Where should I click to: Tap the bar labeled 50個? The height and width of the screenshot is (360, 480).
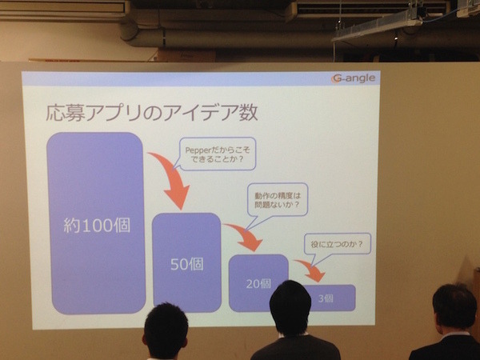(x=186, y=262)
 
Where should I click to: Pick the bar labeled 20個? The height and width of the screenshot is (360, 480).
(x=258, y=282)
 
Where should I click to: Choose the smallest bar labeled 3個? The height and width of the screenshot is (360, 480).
(x=329, y=297)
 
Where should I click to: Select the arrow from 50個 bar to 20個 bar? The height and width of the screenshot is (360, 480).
(x=244, y=235)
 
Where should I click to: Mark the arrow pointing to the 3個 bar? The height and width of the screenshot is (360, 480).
(x=310, y=270)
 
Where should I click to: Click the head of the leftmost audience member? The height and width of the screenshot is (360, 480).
(x=166, y=330)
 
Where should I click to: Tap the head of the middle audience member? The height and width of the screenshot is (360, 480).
(x=290, y=307)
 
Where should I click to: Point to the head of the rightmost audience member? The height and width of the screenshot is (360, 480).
(x=454, y=307)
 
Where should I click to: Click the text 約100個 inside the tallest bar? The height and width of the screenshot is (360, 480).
(x=98, y=226)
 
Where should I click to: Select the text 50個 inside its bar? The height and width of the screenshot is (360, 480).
(x=186, y=264)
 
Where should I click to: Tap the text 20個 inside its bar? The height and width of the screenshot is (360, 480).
(x=258, y=284)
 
